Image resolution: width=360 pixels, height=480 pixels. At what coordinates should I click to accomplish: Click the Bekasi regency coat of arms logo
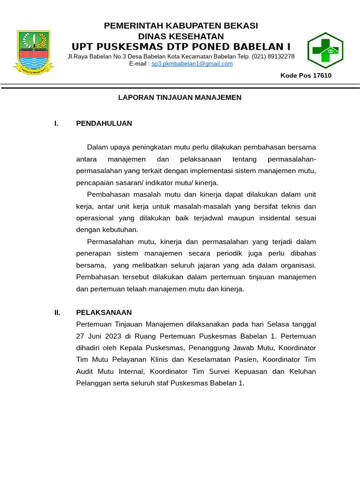click(33, 51)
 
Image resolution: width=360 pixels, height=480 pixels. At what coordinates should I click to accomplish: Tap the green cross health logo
click(325, 50)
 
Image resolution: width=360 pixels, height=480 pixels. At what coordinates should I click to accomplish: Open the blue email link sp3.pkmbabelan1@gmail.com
click(192, 64)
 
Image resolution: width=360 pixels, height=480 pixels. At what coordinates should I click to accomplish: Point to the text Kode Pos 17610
click(306, 75)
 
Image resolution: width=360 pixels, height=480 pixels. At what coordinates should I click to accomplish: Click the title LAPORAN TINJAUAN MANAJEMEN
click(180, 97)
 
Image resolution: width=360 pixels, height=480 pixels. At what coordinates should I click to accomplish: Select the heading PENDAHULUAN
click(104, 123)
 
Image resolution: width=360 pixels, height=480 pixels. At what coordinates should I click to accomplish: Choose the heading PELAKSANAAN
click(104, 312)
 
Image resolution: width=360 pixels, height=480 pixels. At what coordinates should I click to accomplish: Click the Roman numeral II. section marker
click(57, 312)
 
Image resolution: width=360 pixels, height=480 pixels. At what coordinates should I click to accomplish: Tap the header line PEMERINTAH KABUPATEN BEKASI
click(181, 26)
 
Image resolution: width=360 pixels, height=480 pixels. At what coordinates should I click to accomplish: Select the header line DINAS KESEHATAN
click(181, 36)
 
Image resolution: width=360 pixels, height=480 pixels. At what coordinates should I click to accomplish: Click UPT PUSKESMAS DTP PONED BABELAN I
click(181, 46)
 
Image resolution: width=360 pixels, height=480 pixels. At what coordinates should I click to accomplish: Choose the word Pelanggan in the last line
click(92, 383)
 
